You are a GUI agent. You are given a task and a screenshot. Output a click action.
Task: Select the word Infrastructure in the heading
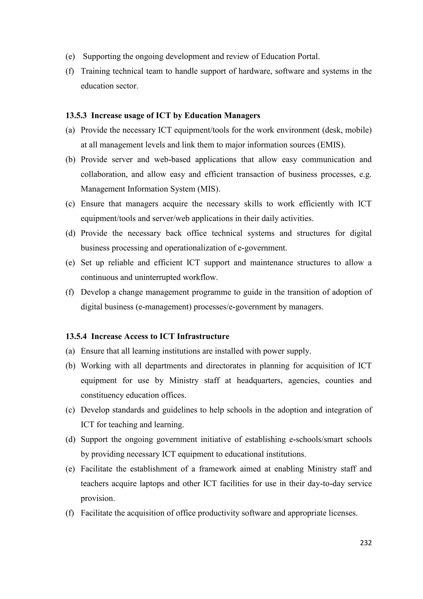click(203, 336)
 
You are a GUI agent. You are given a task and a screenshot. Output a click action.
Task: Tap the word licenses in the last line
click(343, 513)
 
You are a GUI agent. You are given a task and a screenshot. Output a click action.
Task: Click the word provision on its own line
click(97, 499)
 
